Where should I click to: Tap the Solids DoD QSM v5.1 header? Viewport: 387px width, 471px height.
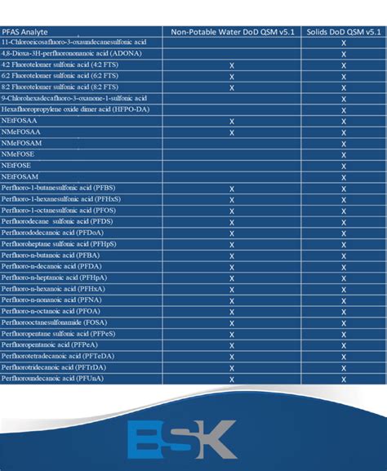click(x=344, y=32)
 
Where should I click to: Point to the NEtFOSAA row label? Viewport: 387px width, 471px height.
click(x=20, y=121)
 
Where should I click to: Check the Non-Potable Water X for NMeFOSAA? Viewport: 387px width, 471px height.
click(x=233, y=132)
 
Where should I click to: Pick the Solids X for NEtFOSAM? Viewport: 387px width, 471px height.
click(x=344, y=177)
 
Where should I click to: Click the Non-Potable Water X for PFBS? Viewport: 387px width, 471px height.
click(x=233, y=189)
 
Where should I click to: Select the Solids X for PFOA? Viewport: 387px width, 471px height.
click(x=344, y=311)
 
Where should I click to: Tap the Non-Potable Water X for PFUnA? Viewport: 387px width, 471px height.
click(x=233, y=379)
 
